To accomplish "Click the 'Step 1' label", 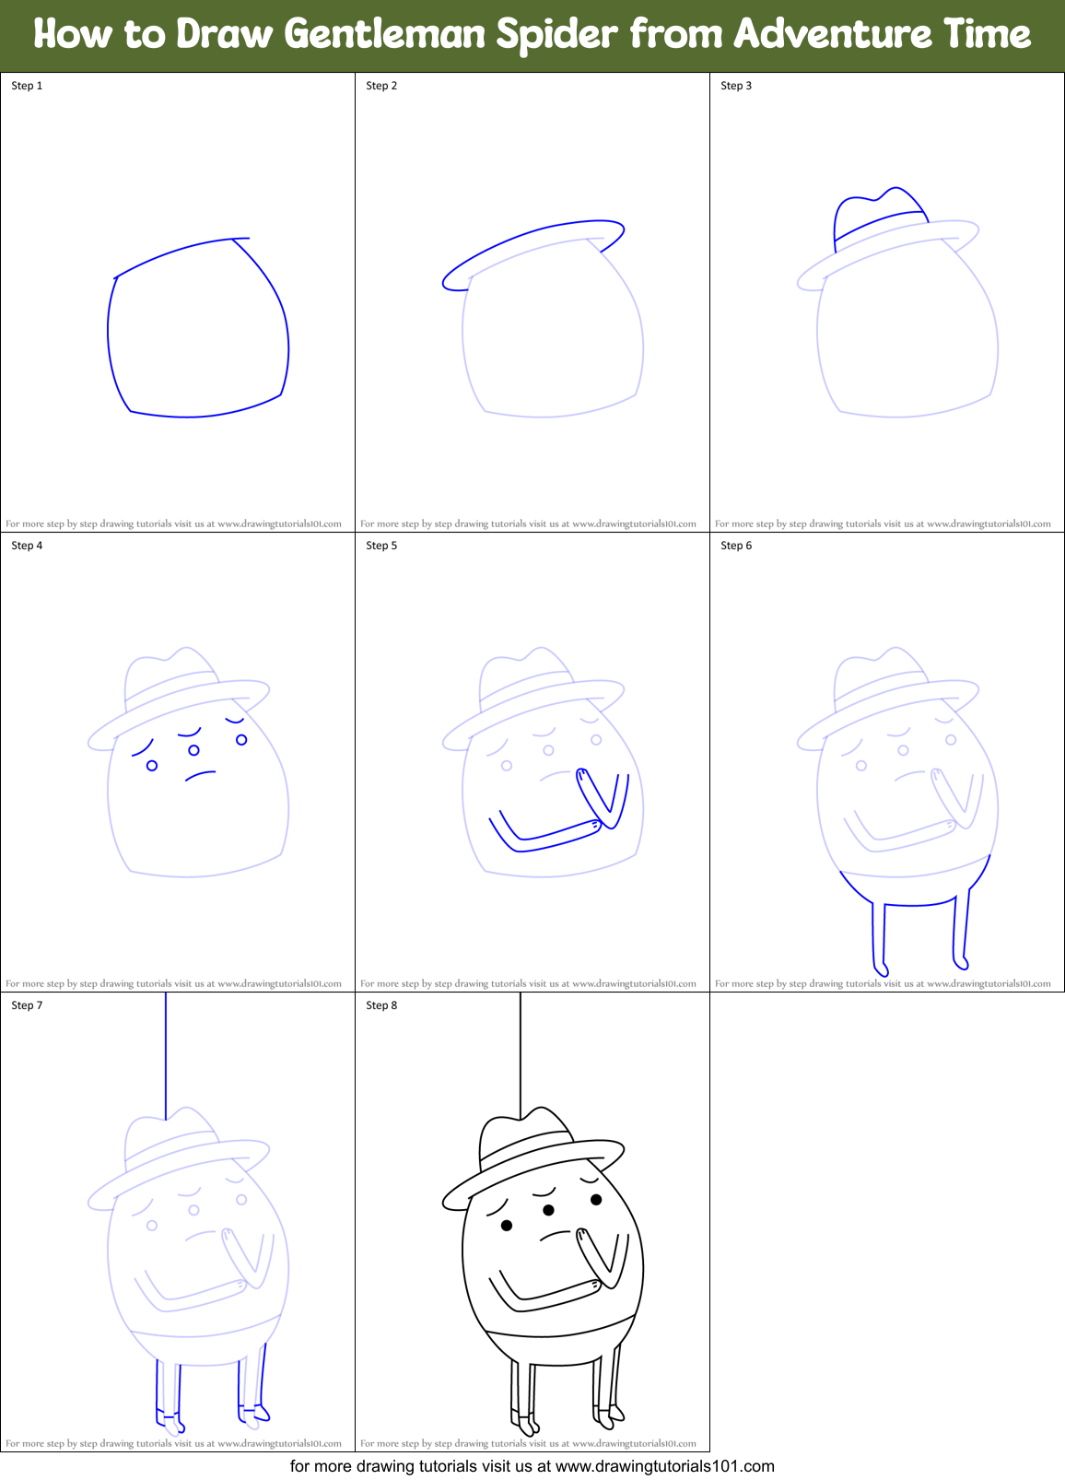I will tap(27, 86).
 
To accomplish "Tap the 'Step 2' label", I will tap(381, 86).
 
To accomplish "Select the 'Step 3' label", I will tap(736, 86).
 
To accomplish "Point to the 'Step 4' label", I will tap(27, 546).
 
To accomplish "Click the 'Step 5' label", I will tap(381, 546).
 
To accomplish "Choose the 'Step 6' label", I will tap(736, 546).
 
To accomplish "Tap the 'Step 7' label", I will tap(27, 1005).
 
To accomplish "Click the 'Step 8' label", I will tap(381, 1005).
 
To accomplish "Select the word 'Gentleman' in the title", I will tap(384, 35).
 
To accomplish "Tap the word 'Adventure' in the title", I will tap(833, 35).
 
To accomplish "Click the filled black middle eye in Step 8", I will tap(548, 1209).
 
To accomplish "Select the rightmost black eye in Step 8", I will tap(596, 1199).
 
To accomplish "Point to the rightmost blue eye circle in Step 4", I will tap(241, 739).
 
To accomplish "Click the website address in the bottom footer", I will tap(665, 1466).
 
